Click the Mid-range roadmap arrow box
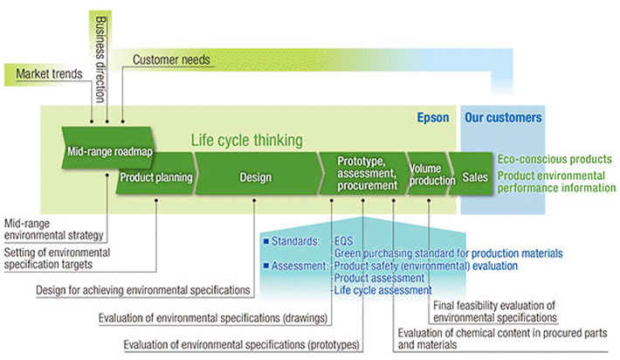click(108, 151)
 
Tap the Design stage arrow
click(255, 177)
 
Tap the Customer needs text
click(171, 59)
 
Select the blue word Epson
click(433, 117)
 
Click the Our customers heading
click(503, 117)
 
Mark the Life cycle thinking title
click(247, 140)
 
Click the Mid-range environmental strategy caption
click(54, 229)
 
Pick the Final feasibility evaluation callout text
click(494, 310)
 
